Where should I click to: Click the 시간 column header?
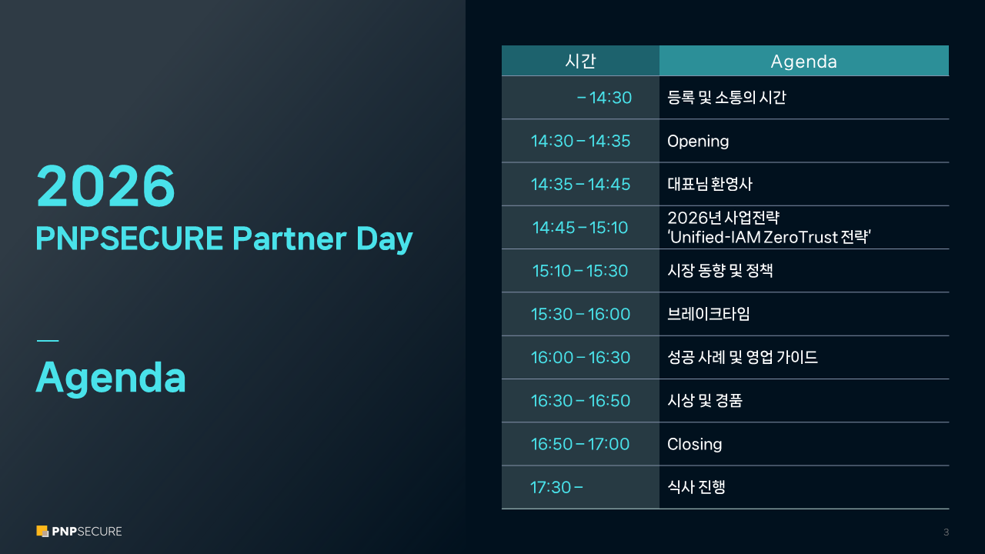pyautogui.click(x=580, y=61)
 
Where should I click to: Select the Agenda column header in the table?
pyautogui.click(x=804, y=62)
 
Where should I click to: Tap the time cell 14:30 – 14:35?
pyautogui.click(x=580, y=141)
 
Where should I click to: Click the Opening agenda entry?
pyautogui.click(x=698, y=142)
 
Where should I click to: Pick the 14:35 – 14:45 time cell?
pyautogui.click(x=580, y=184)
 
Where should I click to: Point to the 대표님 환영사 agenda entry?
pyautogui.click(x=710, y=184)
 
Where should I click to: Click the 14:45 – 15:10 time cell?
pyautogui.click(x=580, y=228)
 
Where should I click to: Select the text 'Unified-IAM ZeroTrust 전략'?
pyautogui.click(x=769, y=238)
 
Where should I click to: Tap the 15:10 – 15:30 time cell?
pyautogui.click(x=580, y=271)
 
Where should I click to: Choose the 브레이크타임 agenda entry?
pyautogui.click(x=709, y=314)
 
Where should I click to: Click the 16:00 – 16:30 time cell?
pyautogui.click(x=580, y=358)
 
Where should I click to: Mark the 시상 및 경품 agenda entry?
pyautogui.click(x=705, y=401)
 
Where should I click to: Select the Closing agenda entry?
pyautogui.click(x=694, y=444)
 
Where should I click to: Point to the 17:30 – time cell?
pyautogui.click(x=556, y=487)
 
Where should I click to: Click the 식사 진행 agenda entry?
pyautogui.click(x=696, y=487)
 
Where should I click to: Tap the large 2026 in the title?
pyautogui.click(x=105, y=185)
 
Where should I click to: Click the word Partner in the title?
pyautogui.click(x=290, y=239)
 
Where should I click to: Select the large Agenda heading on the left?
pyautogui.click(x=111, y=379)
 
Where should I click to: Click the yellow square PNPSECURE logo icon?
pyautogui.click(x=42, y=531)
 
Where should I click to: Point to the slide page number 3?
pyautogui.click(x=946, y=532)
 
